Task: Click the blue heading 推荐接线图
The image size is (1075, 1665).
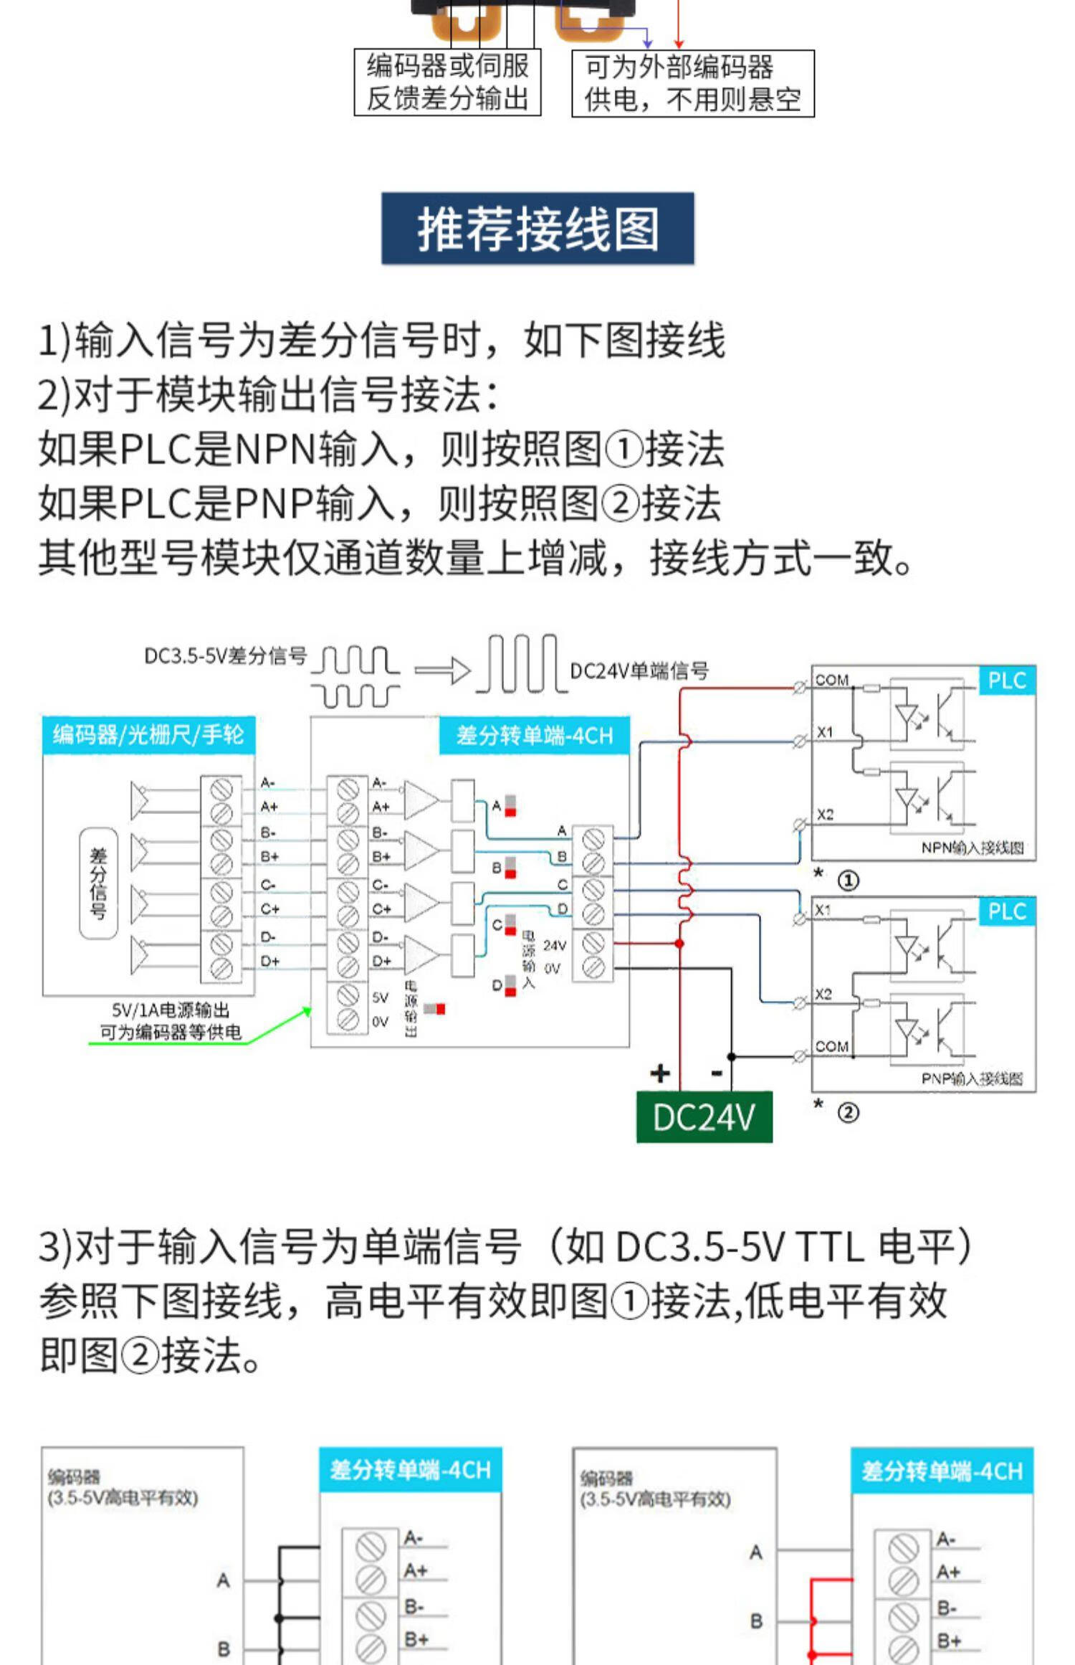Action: pos(537,229)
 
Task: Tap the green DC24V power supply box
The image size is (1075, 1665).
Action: pos(704,1116)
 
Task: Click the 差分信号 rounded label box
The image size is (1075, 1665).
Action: pos(98,883)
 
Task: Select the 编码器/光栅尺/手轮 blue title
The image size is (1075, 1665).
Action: pos(148,735)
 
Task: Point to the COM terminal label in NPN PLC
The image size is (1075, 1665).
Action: pos(831,680)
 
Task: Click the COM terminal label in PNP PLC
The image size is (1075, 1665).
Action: pos(831,1046)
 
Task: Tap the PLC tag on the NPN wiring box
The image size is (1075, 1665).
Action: pos(1007,680)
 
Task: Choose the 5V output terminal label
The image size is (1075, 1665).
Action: pos(380,997)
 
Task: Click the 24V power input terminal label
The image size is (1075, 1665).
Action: pos(554,945)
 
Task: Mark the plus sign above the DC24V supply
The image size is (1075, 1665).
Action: pos(659,1073)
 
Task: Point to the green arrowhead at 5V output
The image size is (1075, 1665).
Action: pos(307,1011)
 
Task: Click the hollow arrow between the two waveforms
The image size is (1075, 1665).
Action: pos(442,671)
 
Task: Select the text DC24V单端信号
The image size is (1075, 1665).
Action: pos(639,671)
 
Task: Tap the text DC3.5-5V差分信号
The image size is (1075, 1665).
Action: pos(226,655)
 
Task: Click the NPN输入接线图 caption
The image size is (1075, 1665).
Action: pos(972,848)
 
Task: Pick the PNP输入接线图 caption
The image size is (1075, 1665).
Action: pos(972,1078)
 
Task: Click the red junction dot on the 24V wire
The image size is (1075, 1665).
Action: pos(679,944)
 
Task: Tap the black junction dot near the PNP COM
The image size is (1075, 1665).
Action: pos(731,1056)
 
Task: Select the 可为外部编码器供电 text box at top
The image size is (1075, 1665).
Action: pos(692,83)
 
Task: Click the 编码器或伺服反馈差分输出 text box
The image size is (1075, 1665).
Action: pos(447,82)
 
